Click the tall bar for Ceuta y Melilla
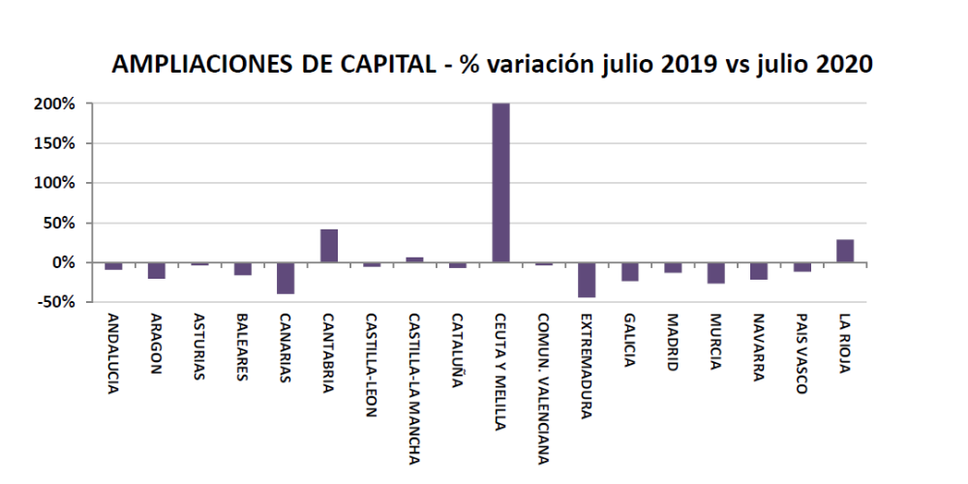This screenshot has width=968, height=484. tap(501, 182)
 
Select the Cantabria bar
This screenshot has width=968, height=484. tap(329, 246)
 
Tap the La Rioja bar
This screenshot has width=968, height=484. tap(845, 251)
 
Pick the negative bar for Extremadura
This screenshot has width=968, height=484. tap(588, 280)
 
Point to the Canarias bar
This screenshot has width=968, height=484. tap(286, 278)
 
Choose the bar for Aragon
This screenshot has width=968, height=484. tap(157, 270)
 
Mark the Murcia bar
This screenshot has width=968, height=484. tap(716, 273)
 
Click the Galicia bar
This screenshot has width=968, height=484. tap(630, 271)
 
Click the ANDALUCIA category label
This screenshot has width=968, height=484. tap(114, 352)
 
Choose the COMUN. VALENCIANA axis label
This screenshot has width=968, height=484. tap(544, 386)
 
